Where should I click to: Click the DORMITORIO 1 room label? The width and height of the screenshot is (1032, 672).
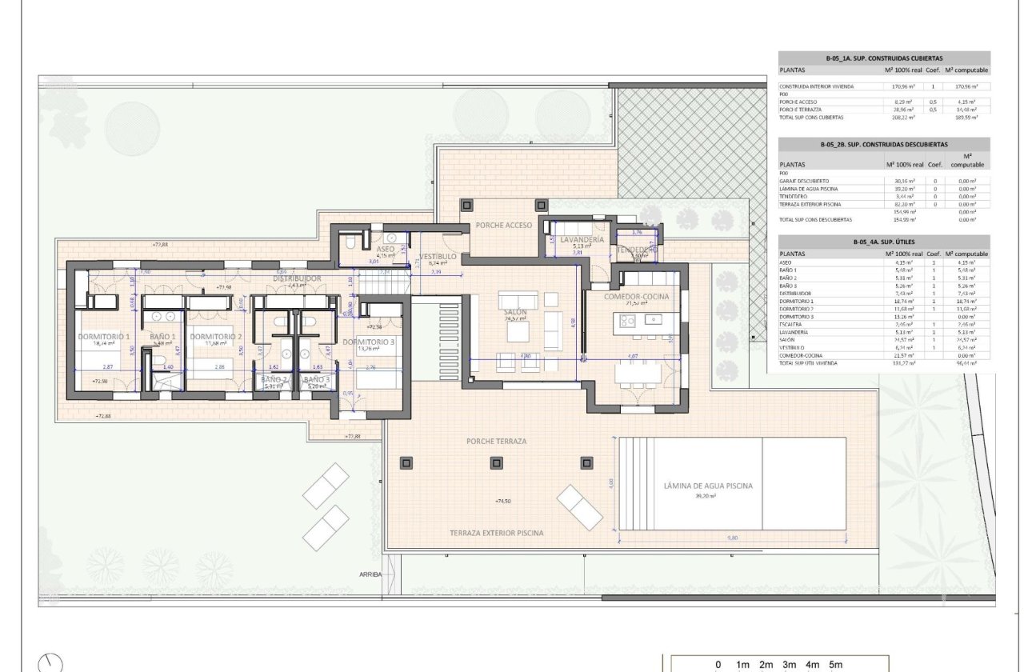click(103, 337)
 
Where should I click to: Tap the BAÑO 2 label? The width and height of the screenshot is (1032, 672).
click(273, 379)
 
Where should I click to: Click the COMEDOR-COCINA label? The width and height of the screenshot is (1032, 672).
click(637, 297)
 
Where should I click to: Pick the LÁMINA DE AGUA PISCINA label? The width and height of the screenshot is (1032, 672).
click(708, 486)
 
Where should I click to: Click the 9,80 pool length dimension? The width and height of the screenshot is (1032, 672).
click(732, 538)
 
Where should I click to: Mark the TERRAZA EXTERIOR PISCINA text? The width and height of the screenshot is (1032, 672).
click(496, 533)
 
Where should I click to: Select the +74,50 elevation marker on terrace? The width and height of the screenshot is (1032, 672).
click(503, 501)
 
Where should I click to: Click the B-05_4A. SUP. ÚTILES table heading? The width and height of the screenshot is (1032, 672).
click(883, 241)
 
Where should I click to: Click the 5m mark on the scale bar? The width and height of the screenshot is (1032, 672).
click(835, 665)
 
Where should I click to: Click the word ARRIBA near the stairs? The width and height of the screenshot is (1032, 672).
click(370, 574)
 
